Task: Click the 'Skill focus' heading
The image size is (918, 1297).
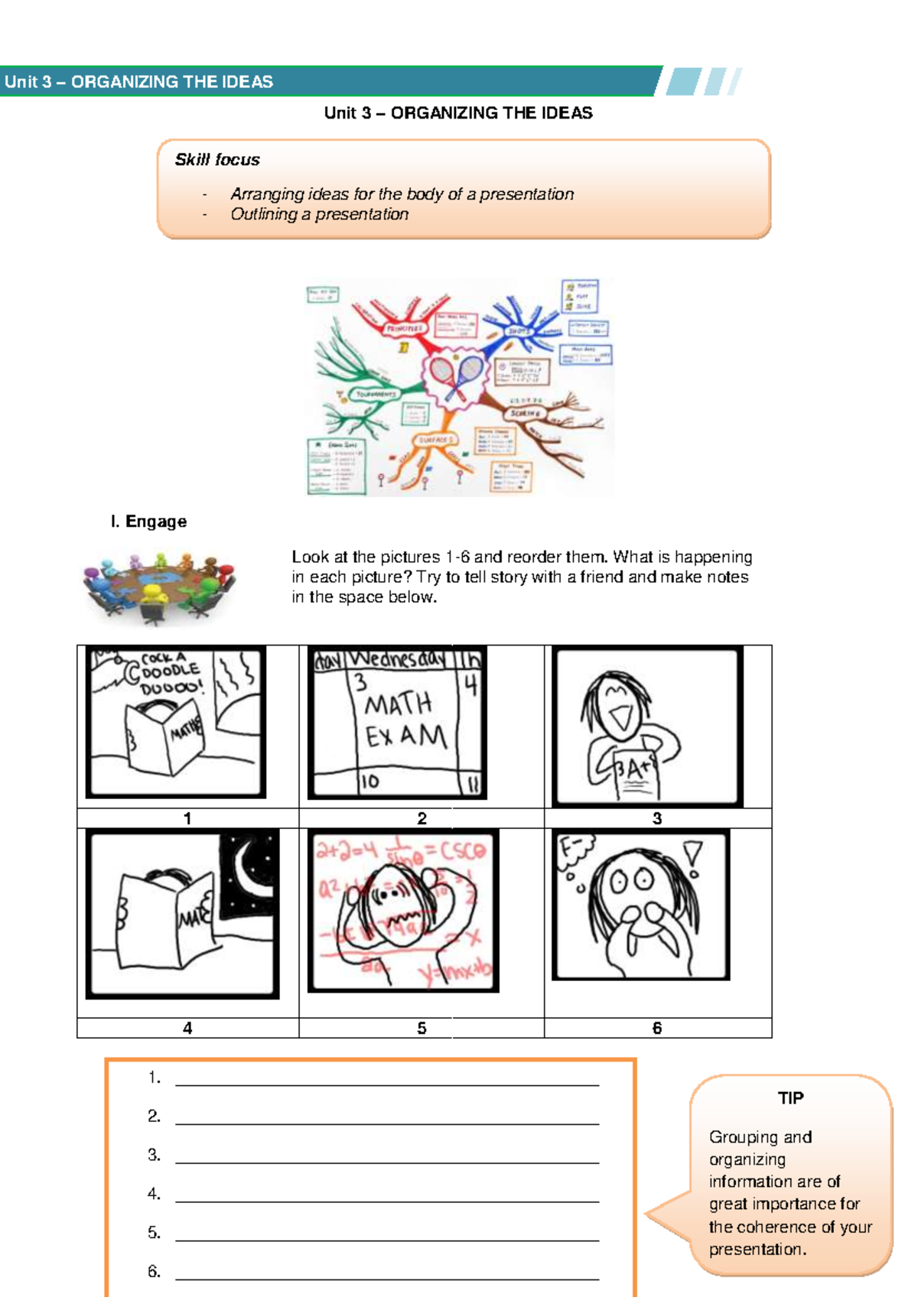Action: (217, 160)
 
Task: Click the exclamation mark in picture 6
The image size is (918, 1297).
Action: (693, 857)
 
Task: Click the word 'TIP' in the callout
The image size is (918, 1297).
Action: (790, 1098)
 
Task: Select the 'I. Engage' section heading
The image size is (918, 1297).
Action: (148, 522)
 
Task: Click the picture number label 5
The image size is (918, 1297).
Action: (422, 1029)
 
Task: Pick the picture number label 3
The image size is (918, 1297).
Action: (657, 818)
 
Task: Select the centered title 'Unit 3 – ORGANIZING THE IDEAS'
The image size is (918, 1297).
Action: (458, 113)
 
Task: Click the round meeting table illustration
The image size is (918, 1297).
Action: (159, 585)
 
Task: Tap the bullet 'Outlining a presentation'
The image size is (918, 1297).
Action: (320, 214)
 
